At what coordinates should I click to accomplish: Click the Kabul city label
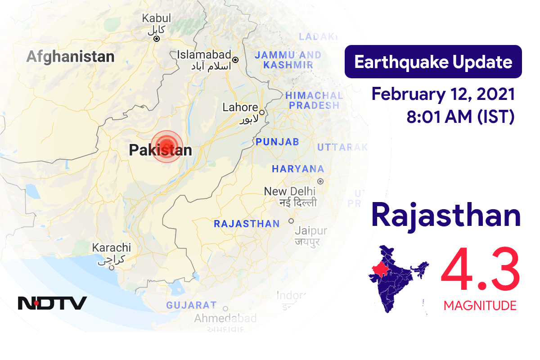coord(157,18)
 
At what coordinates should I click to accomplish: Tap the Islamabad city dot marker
coord(235,59)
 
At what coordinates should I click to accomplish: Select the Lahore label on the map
coord(240,108)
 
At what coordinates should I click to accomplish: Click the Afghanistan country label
coord(70,57)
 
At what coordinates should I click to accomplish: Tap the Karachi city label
coord(111,247)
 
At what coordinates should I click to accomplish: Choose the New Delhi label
coord(288,191)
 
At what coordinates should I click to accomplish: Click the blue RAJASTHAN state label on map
coord(247,224)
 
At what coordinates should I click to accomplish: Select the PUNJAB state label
coord(277,142)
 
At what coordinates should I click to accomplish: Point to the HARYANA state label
coord(297,169)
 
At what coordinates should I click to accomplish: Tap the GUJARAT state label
coord(191,305)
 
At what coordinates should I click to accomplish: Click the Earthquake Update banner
coord(433,62)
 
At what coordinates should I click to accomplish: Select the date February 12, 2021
coord(443,94)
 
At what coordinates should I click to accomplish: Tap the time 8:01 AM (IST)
coord(460,117)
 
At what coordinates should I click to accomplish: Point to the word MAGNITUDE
coord(480,306)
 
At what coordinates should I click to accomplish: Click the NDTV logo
coord(52,303)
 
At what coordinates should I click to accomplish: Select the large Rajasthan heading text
coord(446,216)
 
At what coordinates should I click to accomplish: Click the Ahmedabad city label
coord(225,319)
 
